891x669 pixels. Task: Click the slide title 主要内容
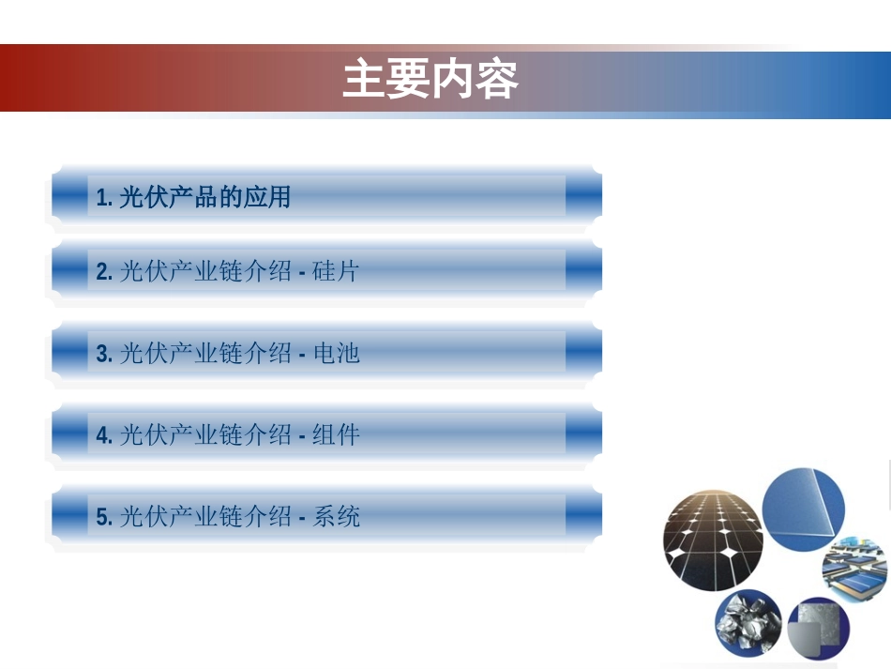(x=430, y=80)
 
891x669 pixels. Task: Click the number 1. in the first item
(x=104, y=198)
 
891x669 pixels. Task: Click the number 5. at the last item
(x=104, y=517)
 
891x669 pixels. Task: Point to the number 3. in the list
(x=104, y=354)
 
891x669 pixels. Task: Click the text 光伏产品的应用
(x=205, y=197)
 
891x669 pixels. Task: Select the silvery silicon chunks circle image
(x=748, y=625)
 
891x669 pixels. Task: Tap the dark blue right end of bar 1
(x=583, y=197)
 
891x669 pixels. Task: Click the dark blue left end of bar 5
(x=69, y=516)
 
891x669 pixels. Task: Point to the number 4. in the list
(x=104, y=435)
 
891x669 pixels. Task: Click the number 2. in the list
(x=104, y=272)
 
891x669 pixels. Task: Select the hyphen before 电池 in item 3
(x=302, y=355)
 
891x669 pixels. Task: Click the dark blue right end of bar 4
(x=583, y=434)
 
